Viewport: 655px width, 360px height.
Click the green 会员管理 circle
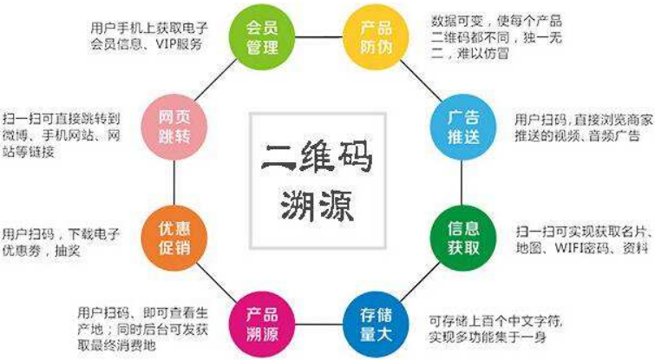click(x=262, y=37)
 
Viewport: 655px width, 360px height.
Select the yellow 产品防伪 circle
click(x=376, y=37)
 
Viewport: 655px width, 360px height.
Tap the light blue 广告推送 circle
click(x=463, y=127)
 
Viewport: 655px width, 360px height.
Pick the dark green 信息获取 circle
click(x=463, y=238)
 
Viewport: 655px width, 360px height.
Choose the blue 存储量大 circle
click(x=376, y=324)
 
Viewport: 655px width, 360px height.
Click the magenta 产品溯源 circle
click(x=262, y=324)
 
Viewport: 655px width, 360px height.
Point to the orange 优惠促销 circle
click(x=174, y=238)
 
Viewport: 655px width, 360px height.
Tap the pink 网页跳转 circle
click(x=174, y=127)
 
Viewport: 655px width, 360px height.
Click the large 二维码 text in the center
click(x=317, y=157)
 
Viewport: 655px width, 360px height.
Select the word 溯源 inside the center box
click(x=317, y=206)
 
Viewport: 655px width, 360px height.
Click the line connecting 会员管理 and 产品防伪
click(x=318, y=37)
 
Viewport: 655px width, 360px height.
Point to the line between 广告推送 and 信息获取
click(x=462, y=182)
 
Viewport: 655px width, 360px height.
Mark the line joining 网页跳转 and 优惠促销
click(x=174, y=182)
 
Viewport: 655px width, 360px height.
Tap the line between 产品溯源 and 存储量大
click(x=318, y=324)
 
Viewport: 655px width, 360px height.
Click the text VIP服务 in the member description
click(x=180, y=44)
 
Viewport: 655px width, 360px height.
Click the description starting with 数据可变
click(x=497, y=37)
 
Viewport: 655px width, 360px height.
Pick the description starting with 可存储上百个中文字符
click(x=495, y=329)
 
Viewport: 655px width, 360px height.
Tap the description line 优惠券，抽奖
click(x=41, y=251)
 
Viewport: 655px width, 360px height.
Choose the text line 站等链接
click(x=29, y=151)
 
